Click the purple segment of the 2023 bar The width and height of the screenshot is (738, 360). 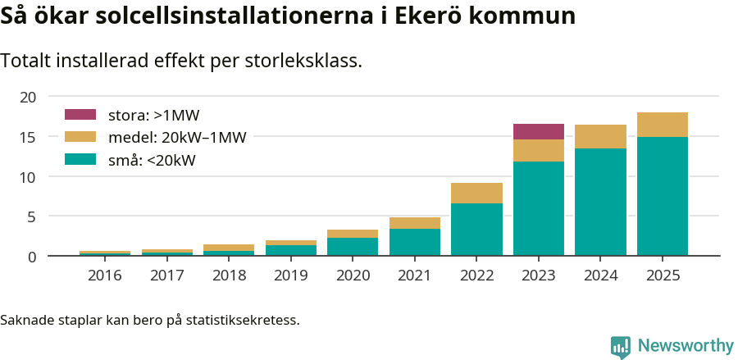539,131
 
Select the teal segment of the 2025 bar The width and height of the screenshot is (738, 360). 663,196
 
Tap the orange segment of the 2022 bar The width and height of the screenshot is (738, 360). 476,193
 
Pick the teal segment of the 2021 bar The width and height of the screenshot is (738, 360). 415,242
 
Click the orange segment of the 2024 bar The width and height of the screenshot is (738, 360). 600,136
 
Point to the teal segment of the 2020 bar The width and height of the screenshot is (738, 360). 353,247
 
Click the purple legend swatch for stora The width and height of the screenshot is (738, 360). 80,115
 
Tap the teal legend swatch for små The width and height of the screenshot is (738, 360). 80,160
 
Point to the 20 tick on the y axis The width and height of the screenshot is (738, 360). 28,97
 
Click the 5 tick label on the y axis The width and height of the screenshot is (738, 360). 32,217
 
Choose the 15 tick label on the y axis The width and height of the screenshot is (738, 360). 28,137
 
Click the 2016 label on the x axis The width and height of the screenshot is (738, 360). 105,276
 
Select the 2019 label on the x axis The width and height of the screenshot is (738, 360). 291,276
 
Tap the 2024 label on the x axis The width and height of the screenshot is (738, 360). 600,276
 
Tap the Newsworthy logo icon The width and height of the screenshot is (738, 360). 621,346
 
